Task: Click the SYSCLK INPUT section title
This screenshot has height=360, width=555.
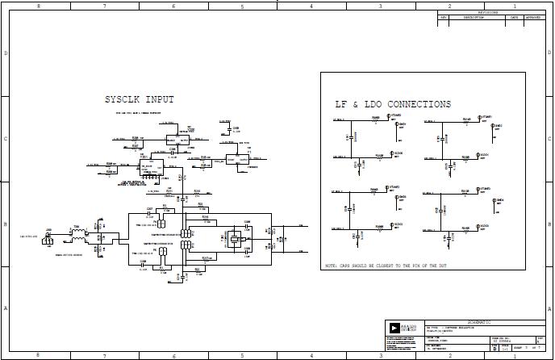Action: (x=139, y=100)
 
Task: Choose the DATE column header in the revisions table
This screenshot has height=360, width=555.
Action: (x=513, y=17)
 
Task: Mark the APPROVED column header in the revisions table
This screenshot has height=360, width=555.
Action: (x=533, y=17)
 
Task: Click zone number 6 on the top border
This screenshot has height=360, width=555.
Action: (x=173, y=6)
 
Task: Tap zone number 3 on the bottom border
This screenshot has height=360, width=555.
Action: (x=381, y=354)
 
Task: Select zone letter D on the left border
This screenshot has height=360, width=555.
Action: (x=6, y=53)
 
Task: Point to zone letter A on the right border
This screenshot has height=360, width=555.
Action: (x=549, y=308)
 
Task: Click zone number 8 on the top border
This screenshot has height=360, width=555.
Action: (x=36, y=6)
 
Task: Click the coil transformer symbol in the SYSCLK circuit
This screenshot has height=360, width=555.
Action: (x=78, y=237)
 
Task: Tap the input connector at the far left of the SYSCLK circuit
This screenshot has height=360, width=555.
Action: (x=48, y=239)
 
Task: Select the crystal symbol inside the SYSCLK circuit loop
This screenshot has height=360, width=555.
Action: (x=235, y=239)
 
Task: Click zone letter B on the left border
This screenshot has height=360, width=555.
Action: (x=6, y=224)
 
